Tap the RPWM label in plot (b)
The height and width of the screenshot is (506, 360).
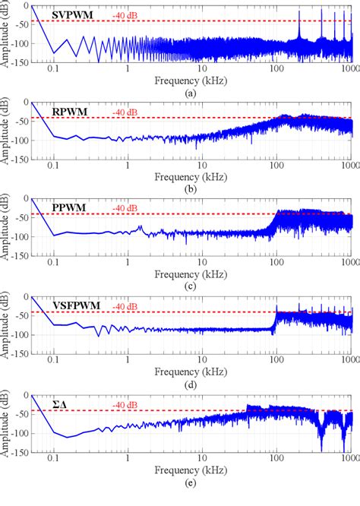click(68, 112)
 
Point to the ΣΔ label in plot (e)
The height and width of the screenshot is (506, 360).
click(60, 406)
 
